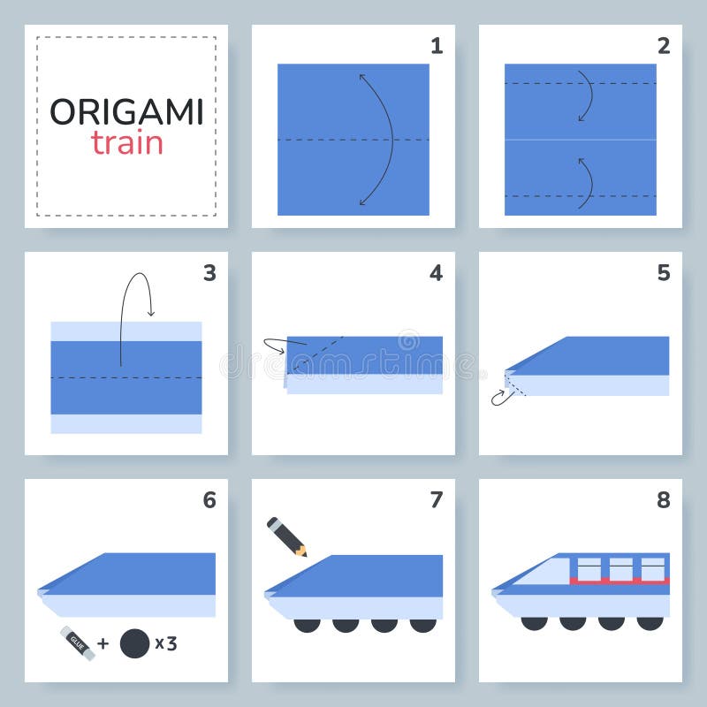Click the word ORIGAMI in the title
(126, 112)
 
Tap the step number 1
(437, 46)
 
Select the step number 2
(663, 46)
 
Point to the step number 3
(209, 273)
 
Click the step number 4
(436, 273)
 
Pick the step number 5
(663, 273)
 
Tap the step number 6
(209, 500)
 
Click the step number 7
(436, 500)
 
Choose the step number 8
(663, 500)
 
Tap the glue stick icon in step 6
(77, 642)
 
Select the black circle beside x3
(133, 642)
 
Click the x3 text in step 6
(165, 643)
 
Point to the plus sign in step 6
(103, 643)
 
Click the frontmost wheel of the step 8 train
(534, 623)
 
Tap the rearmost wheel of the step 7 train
(422, 624)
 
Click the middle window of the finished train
(621, 568)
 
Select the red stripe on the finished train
(619, 582)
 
